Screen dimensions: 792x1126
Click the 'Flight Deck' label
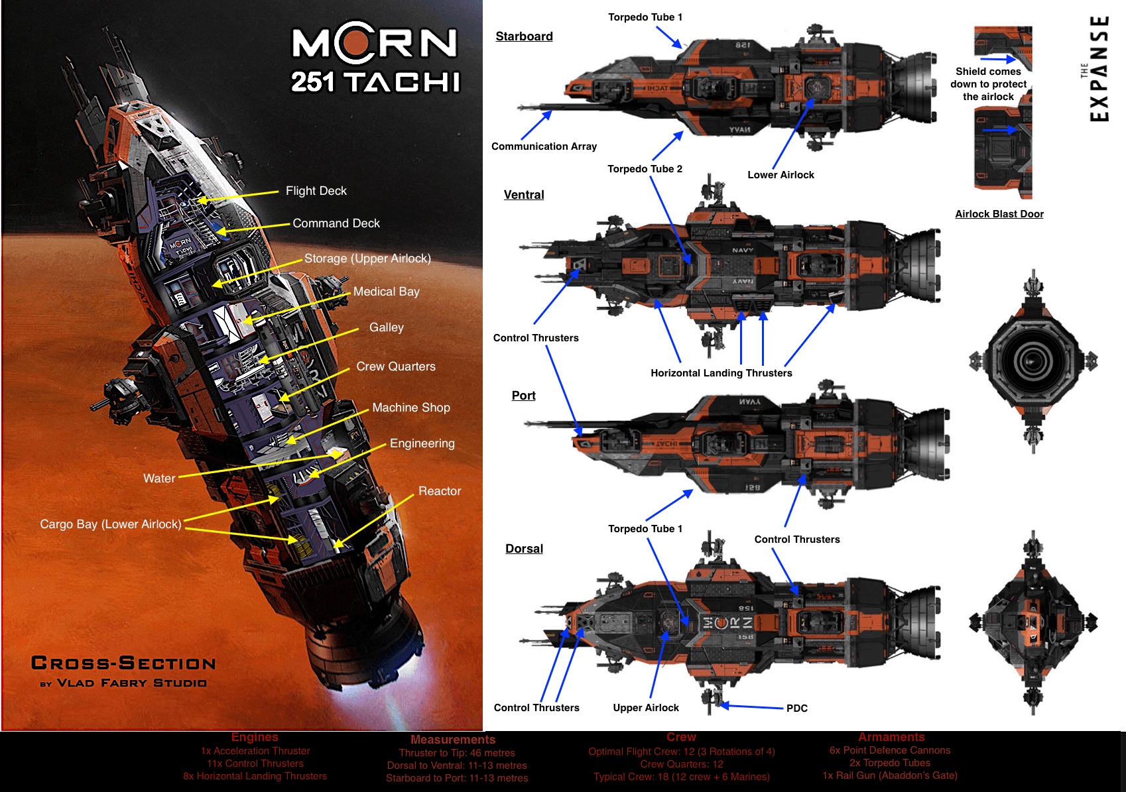(316, 191)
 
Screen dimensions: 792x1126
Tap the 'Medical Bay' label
(386, 292)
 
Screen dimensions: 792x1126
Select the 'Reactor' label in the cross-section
(439, 491)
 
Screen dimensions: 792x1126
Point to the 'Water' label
(159, 479)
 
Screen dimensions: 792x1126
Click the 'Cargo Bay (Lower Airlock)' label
(111, 524)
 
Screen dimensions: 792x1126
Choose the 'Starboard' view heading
(524, 36)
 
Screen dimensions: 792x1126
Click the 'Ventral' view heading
(524, 195)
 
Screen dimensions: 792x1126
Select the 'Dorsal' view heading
(524, 549)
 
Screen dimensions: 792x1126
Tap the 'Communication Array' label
(544, 146)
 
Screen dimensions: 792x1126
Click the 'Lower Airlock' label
(781, 175)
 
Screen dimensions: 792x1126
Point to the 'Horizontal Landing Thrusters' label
(721, 373)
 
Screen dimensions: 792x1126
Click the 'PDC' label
(796, 708)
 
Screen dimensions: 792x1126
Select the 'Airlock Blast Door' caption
(999, 214)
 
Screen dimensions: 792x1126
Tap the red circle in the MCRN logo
(358, 42)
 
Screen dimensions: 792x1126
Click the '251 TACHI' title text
(375, 82)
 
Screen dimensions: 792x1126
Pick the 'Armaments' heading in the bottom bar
(891, 737)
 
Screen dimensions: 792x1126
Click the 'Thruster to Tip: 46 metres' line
(457, 753)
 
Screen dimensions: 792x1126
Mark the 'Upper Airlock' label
(646, 708)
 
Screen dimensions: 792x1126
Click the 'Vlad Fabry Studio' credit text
(131, 683)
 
